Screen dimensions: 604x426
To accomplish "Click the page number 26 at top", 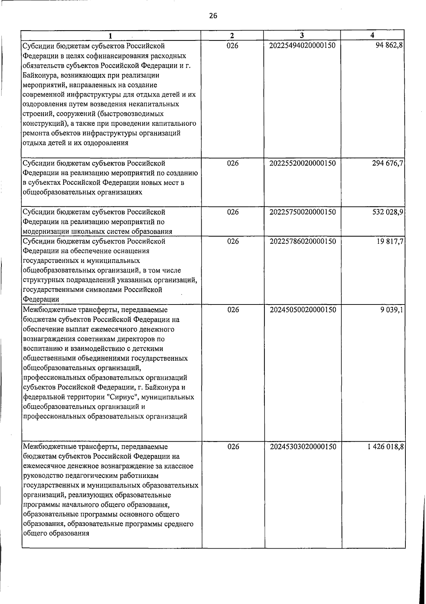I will coord(213,16).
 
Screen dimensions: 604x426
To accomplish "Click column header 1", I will coord(111,36).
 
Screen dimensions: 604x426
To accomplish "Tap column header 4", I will coord(372,35).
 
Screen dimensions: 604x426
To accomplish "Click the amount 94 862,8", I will coord(389,45).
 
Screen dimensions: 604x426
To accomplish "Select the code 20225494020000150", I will coord(302,45).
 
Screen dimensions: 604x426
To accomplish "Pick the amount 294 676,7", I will coord(387,163).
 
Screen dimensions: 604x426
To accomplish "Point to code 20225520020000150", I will coord(302,163).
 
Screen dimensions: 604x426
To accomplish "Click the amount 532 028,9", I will coord(387,212).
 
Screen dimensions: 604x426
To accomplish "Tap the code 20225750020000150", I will coord(302,212).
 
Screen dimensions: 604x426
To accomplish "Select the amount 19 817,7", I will coord(389,242).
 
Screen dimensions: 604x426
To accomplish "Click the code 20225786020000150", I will coord(302,242).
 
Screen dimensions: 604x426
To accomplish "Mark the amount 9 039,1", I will coord(392,310).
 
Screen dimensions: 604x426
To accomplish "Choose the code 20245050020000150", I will coord(302,310).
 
